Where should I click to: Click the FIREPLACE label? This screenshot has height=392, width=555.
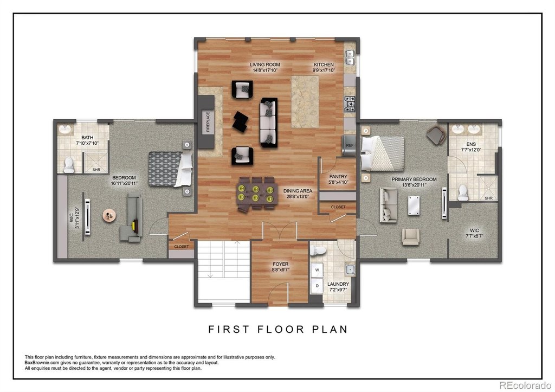click(208, 122)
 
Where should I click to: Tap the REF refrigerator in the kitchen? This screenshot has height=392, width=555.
click(349, 145)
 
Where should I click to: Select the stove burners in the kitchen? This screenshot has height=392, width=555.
click(350, 105)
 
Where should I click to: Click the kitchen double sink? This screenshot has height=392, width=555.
click(350, 58)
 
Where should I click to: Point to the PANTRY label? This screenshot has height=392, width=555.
click(338, 176)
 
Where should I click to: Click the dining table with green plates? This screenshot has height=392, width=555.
click(256, 194)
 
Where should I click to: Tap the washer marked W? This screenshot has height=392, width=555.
click(317, 270)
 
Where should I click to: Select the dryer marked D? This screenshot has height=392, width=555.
click(317, 286)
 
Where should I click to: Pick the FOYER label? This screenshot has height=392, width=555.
click(280, 264)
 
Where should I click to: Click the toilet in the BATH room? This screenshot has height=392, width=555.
click(69, 165)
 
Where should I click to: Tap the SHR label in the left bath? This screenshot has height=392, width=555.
click(96, 170)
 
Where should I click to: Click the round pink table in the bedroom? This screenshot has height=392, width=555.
click(109, 216)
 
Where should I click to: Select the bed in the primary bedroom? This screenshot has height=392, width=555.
click(382, 153)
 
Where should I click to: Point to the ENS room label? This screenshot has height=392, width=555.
click(471, 144)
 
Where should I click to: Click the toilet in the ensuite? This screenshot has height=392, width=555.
click(463, 192)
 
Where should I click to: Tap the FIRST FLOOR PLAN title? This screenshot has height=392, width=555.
click(278, 329)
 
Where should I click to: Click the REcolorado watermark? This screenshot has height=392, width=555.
click(525, 384)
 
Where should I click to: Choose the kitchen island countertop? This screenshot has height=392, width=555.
click(305, 102)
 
